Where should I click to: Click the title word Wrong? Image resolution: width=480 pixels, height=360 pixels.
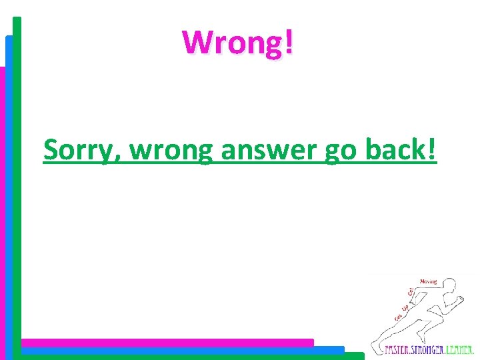coord(238,43)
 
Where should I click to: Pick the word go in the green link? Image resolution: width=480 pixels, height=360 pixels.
coord(341,152)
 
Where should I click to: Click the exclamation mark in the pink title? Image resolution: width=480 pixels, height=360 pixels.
coord(288,43)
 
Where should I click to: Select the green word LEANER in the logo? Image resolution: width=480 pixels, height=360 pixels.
coord(461,349)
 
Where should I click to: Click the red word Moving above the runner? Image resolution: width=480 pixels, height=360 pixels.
coord(429,281)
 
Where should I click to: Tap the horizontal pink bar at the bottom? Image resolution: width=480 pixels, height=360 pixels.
coord(167,342)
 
